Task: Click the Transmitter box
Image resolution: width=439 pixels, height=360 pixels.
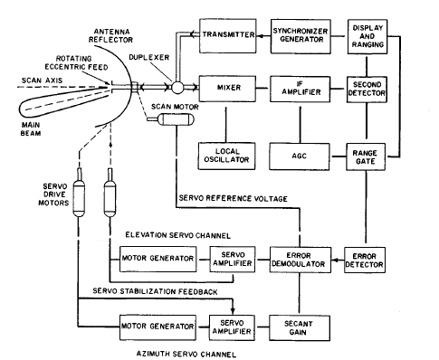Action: coord(228,36)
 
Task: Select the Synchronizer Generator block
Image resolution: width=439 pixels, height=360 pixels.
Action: coord(301,36)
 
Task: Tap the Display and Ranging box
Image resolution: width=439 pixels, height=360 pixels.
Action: coord(367,37)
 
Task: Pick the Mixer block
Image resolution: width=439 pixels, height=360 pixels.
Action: coord(227,89)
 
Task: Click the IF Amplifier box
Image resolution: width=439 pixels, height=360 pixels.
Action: coord(300,90)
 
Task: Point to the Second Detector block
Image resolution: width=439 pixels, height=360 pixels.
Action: coord(367,90)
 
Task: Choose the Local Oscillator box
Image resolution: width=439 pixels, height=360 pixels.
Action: coord(226,156)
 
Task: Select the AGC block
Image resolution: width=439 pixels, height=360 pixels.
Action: coord(300,156)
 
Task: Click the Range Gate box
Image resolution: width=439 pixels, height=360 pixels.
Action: coord(366,156)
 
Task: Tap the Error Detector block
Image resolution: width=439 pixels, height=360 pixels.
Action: coord(365,261)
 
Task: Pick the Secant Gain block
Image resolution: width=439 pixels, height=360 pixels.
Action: coord(300,328)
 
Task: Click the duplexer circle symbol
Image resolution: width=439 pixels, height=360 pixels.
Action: coord(177,88)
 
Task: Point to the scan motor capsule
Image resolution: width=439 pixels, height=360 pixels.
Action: coord(177,119)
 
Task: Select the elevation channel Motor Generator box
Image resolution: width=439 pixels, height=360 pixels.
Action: coord(157,259)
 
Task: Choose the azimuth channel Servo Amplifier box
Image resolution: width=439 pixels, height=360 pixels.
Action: coord(232,327)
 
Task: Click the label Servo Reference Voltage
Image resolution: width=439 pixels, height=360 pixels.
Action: coord(234,198)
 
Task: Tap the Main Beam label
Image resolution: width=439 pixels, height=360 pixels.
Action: coord(31,128)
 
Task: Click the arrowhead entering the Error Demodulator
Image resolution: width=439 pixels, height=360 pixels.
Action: coord(334,261)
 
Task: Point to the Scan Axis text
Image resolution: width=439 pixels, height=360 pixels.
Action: coord(43,81)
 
